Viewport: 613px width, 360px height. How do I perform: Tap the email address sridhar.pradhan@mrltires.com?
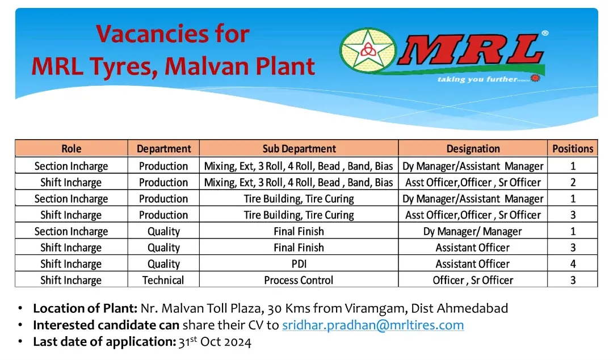coord(373,325)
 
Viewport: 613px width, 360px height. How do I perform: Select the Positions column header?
coord(573,149)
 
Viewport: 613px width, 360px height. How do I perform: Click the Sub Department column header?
coord(299,149)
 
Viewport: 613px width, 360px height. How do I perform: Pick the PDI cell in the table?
coord(299,264)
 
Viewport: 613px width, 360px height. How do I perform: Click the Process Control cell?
coord(299,280)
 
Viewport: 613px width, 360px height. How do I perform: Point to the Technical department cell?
coord(163,280)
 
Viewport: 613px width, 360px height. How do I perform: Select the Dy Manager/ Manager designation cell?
coord(473,232)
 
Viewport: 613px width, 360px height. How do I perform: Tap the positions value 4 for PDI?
coord(573,264)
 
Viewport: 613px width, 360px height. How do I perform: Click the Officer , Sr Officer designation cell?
coord(473,280)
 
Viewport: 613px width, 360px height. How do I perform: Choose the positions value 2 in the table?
coord(573,182)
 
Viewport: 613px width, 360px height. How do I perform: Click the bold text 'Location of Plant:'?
coord(85,308)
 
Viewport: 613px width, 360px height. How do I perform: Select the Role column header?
coord(72,149)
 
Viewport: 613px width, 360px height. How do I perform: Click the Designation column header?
coord(473,149)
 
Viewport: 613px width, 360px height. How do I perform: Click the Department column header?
coord(164,149)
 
